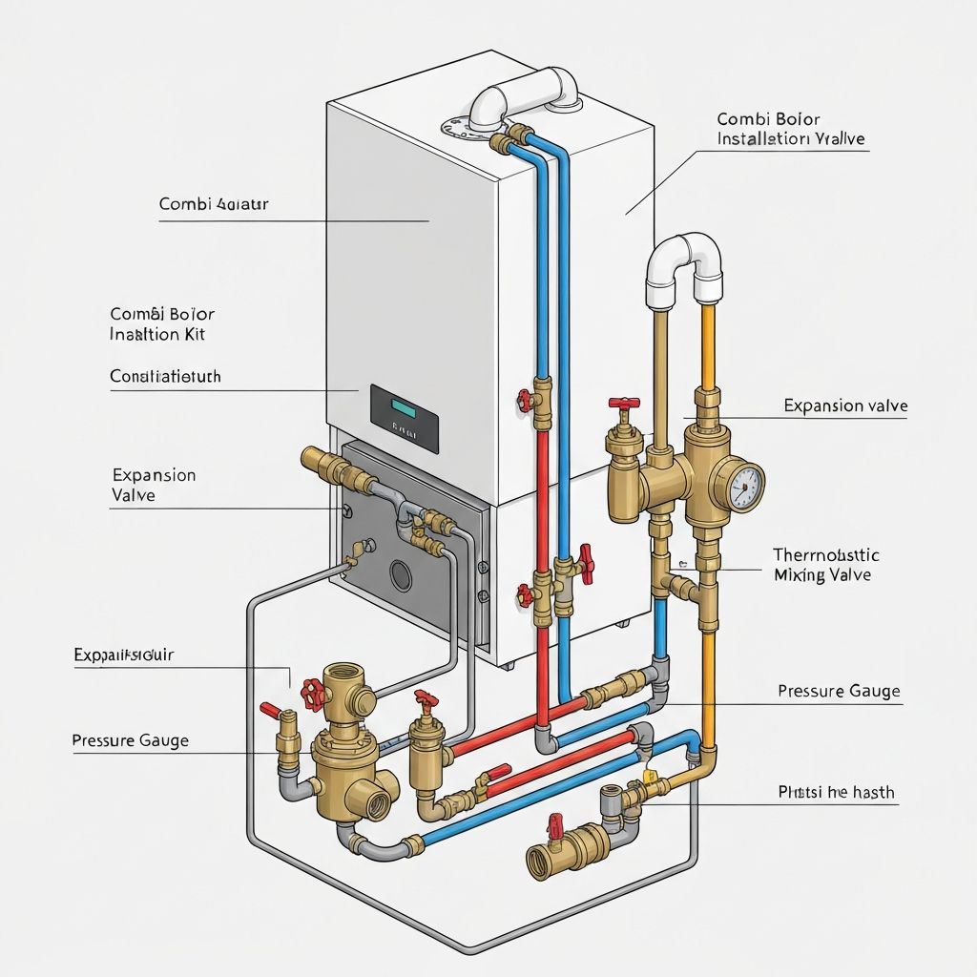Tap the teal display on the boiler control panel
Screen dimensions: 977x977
tap(403, 408)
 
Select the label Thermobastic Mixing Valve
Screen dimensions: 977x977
tap(826, 565)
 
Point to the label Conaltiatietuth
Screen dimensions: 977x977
tap(166, 377)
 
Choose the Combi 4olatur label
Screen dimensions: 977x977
tap(214, 204)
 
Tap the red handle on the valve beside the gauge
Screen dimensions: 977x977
tap(625, 405)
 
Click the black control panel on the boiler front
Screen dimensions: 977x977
tap(405, 418)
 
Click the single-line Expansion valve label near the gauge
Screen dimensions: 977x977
tap(845, 405)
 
